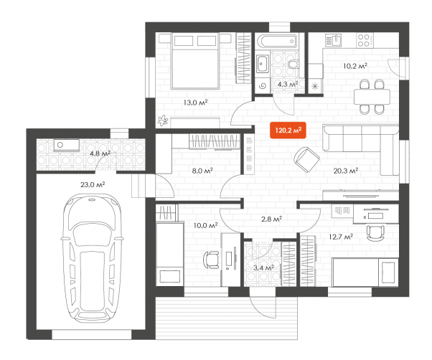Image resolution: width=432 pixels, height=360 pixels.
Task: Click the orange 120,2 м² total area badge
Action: pyautogui.click(x=288, y=130)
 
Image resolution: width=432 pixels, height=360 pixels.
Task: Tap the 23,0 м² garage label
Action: pyautogui.click(x=93, y=184)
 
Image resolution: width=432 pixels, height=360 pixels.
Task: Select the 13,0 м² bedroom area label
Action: pyautogui.click(x=195, y=103)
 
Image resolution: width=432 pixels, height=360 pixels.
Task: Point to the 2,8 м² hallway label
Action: pyautogui.click(x=271, y=219)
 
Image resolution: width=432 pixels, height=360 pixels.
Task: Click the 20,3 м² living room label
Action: pyautogui.click(x=346, y=171)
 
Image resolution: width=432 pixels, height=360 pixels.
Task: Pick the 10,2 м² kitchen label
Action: pyautogui.click(x=354, y=66)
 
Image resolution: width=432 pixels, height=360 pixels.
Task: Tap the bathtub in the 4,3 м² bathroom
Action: pyautogui.click(x=277, y=41)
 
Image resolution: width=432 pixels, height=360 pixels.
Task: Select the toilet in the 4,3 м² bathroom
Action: pyautogui.click(x=294, y=64)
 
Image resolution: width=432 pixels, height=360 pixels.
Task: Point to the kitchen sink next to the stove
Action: pyautogui.click(x=334, y=40)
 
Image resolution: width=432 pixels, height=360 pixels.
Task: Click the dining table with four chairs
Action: pyautogui.click(x=372, y=97)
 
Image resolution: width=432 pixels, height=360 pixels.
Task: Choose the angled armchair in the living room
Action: pyautogui.click(x=306, y=159)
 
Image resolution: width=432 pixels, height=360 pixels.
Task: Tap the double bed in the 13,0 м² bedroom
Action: pyautogui.click(x=195, y=61)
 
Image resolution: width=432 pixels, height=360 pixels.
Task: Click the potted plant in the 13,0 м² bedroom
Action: pyautogui.click(x=163, y=120)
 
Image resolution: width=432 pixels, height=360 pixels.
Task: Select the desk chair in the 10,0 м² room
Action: pyautogui.click(x=211, y=260)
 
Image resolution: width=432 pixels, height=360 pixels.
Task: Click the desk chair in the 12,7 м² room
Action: pyautogui.click(x=375, y=232)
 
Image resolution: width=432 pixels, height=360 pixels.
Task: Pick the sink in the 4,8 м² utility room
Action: pyautogui.click(x=67, y=145)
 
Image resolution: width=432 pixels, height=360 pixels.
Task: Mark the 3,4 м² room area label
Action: pyautogui.click(x=263, y=267)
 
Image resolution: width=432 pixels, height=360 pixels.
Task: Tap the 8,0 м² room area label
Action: pyautogui.click(x=202, y=171)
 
